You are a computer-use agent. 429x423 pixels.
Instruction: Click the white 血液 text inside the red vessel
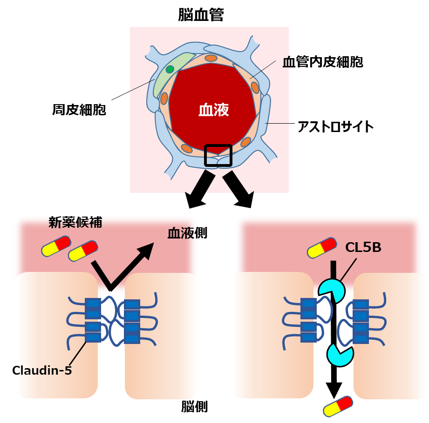[x=214, y=110]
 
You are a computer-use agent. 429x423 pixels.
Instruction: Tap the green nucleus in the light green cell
[x=170, y=69]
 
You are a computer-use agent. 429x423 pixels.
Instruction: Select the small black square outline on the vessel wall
[x=218, y=155]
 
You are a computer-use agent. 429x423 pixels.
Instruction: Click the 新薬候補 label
[x=75, y=223]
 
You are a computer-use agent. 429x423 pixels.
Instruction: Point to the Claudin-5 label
[x=42, y=370]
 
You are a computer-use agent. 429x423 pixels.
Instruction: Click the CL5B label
[x=363, y=248]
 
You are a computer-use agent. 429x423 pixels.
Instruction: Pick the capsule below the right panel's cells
[x=338, y=406]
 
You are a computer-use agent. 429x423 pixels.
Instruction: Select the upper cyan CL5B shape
[x=332, y=291]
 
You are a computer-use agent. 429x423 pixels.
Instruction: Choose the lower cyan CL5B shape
[x=340, y=354]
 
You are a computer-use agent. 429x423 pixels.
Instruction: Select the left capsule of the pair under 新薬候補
[x=56, y=246]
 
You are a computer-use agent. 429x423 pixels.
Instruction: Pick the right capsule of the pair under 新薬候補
[x=83, y=251]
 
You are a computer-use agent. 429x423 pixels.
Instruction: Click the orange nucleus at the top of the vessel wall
[x=211, y=58]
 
